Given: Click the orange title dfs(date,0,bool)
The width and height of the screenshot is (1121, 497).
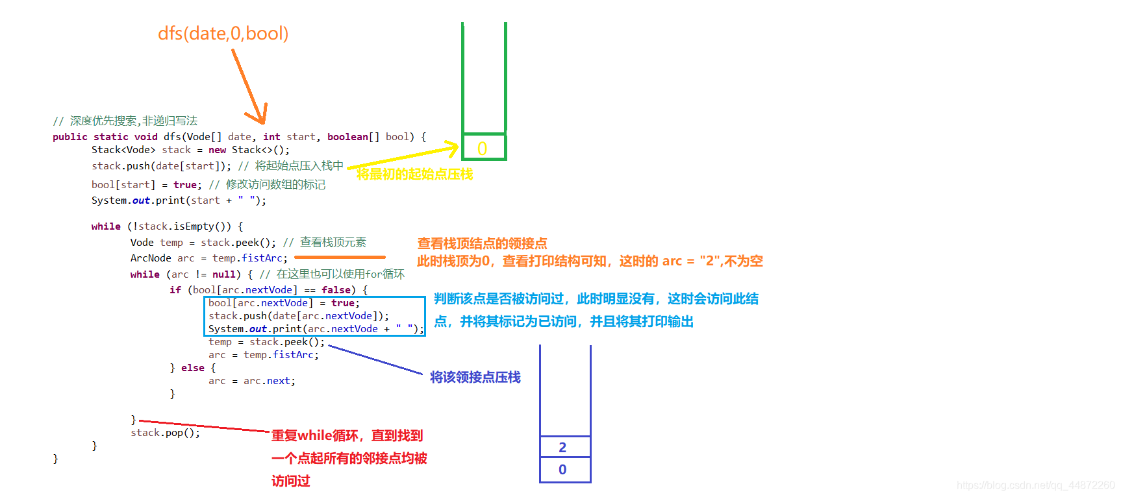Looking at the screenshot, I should pos(223,33).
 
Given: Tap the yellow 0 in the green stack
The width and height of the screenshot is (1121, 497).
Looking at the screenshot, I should pos(482,149).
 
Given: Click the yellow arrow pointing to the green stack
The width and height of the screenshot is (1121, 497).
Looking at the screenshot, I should pos(403,157).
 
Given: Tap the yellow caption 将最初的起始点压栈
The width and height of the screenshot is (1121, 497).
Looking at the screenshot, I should pos(414,175).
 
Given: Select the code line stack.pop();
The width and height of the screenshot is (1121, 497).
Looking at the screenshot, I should pos(165,433).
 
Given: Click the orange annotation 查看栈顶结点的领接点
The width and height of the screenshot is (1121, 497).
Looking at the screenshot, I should pos(482,243).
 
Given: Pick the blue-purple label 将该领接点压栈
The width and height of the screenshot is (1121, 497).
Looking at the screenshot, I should pos(475,377).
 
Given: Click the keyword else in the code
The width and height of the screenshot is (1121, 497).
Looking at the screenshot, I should pos(192,368).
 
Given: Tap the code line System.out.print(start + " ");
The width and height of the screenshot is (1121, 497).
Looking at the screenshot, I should pos(179,200).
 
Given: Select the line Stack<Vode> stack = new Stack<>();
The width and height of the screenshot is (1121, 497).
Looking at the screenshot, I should pos(190,150).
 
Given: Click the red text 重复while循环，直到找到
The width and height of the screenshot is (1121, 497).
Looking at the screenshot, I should pos(347,435).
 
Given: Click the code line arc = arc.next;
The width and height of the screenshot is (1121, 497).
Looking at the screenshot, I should pos(251,381).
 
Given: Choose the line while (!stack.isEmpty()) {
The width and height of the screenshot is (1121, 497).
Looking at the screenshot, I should pos(167,226).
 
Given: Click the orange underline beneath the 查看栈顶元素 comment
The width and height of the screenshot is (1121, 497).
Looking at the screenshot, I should pos(340,257).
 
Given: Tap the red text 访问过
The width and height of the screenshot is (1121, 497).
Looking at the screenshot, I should pos(290,481).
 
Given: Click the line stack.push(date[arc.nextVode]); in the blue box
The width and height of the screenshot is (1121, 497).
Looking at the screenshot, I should pos(298,316).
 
